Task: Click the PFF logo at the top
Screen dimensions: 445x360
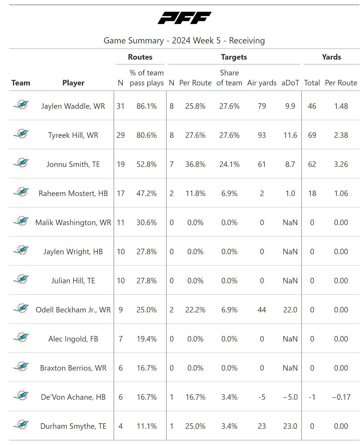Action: click(x=184, y=18)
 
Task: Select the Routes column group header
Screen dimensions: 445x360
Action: click(x=140, y=57)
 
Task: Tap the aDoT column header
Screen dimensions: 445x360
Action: click(x=290, y=83)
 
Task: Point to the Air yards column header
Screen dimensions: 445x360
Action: click(x=262, y=83)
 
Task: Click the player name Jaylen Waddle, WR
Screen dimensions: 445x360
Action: click(x=73, y=106)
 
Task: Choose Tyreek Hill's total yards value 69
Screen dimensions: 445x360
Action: click(x=312, y=135)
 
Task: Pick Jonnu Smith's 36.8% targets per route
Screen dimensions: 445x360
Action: click(x=195, y=164)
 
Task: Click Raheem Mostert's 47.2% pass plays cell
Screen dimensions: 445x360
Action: click(x=146, y=194)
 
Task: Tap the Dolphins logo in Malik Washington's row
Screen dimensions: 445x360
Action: click(x=21, y=221)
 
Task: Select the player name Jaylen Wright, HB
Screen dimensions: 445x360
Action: click(x=73, y=252)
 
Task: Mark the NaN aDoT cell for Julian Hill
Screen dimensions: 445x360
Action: click(x=290, y=281)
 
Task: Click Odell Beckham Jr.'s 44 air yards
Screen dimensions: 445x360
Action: click(x=262, y=310)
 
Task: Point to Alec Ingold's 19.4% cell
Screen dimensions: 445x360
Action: click(x=146, y=339)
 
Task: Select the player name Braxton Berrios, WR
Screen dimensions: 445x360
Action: click(x=73, y=368)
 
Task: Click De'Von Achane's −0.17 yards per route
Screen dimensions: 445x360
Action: click(x=341, y=397)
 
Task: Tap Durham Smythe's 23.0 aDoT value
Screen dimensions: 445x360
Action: click(x=290, y=426)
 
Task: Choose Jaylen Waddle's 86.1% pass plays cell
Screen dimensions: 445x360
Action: click(x=146, y=106)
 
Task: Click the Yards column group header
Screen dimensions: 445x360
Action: click(x=331, y=57)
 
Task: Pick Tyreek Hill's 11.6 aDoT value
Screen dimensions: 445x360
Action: click(x=290, y=135)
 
